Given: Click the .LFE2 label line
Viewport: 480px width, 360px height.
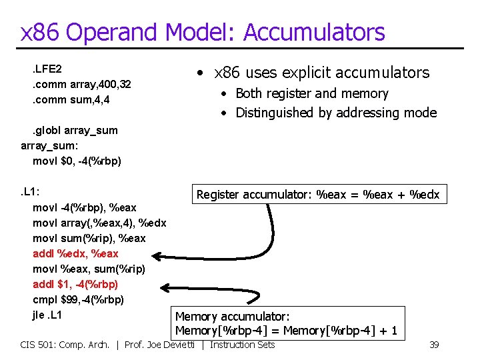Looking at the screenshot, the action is coord(47,69).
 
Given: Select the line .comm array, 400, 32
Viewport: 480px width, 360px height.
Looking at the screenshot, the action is coord(81,84).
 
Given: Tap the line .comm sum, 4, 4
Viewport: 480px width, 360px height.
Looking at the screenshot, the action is coord(71,99).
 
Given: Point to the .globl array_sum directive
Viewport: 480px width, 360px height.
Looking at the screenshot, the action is coord(75,130).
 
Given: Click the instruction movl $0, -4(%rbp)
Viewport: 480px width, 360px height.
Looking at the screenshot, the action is coord(77,161).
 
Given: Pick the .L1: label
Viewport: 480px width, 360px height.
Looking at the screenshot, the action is coord(31,192).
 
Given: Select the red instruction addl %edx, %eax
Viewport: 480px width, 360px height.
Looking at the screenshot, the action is coord(75,253).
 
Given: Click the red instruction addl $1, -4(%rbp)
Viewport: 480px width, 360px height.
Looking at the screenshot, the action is coord(75,284).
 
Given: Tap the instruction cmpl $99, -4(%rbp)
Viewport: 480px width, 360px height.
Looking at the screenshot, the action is coord(78,299).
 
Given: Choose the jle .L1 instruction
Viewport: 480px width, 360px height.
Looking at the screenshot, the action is coord(47,315).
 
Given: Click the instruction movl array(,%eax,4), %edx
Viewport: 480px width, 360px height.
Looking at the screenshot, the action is coord(99,223).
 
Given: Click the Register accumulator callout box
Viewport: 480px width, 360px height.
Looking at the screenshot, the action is coord(317,195).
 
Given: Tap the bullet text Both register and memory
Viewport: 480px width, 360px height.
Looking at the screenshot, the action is coord(311,93).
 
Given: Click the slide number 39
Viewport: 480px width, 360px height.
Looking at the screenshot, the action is coord(433,344).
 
